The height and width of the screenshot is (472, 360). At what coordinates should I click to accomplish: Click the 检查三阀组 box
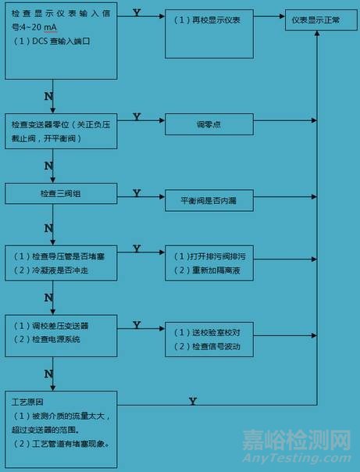pos(61,193)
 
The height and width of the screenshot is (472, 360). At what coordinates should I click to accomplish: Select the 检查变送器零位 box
pos(60,130)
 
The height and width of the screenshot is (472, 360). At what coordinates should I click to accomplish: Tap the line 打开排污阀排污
pos(209,256)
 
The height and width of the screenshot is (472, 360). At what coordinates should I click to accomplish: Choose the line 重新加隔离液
pos(209,270)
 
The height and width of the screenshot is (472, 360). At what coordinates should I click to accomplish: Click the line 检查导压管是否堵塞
pos(60,256)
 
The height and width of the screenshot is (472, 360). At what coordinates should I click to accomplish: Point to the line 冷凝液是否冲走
pos(55,270)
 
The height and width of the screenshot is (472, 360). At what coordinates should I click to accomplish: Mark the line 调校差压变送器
pos(55,325)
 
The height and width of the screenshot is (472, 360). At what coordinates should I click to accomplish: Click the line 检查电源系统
pos(51,339)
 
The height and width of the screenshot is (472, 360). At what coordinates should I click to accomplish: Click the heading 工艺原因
pos(24,402)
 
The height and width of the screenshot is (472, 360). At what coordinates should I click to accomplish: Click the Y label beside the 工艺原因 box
pos(191,401)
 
